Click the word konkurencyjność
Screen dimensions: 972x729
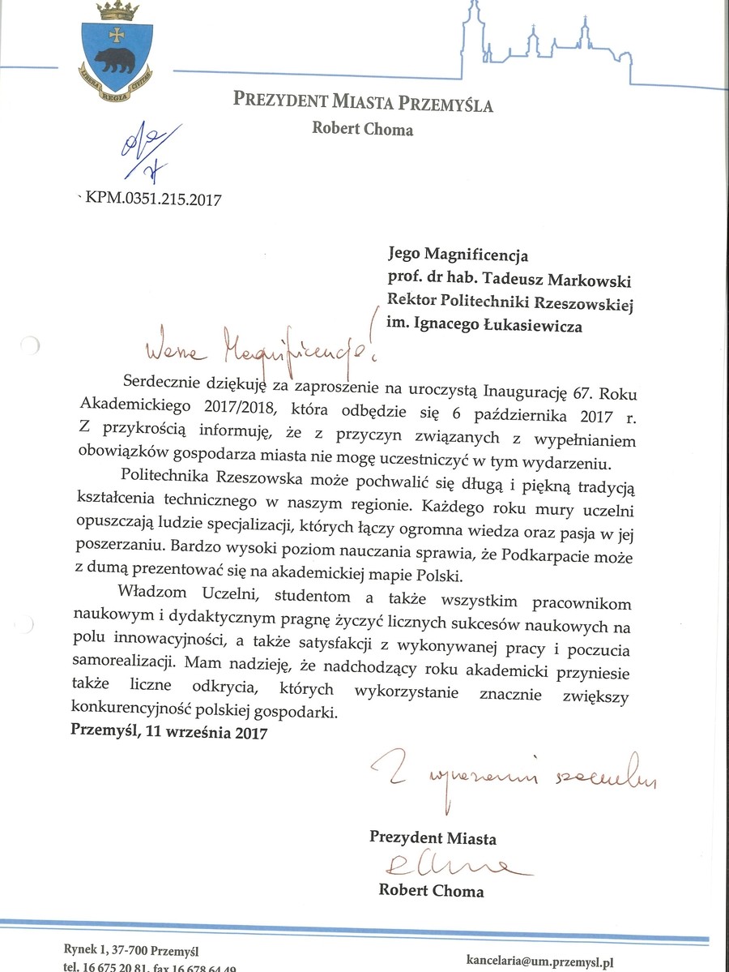[x=132, y=713]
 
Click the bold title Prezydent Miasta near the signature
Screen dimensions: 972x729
[x=433, y=838]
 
